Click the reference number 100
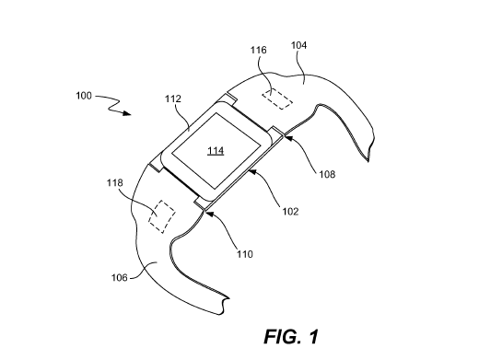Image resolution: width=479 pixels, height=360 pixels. [x=84, y=96]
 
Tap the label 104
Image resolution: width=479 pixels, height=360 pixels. [x=298, y=45]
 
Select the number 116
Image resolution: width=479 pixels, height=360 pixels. [x=258, y=50]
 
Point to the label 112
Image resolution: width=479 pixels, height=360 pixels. [x=173, y=99]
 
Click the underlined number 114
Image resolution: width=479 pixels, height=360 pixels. [x=216, y=151]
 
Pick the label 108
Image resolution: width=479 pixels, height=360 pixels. [x=327, y=174]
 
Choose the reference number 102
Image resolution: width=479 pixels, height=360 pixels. [x=290, y=212]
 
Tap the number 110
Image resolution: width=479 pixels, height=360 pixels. [x=245, y=254]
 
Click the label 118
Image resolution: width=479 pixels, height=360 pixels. [x=114, y=183]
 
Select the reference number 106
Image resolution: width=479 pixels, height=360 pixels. [x=119, y=278]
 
